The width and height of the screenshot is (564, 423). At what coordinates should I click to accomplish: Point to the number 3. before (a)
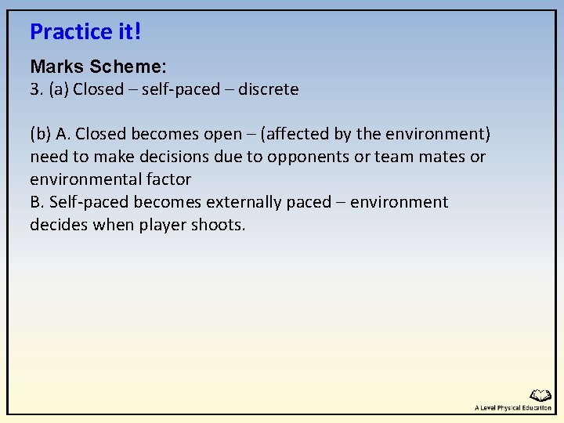[x=36, y=89]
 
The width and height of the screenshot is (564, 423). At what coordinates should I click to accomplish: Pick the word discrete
[x=268, y=89]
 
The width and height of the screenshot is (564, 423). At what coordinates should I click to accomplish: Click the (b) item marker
[x=41, y=134]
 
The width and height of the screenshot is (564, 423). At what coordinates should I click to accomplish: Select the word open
[x=224, y=134]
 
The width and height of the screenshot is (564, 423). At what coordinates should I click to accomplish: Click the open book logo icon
[x=540, y=396]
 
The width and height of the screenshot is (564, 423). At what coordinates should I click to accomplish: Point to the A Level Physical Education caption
[x=512, y=408]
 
